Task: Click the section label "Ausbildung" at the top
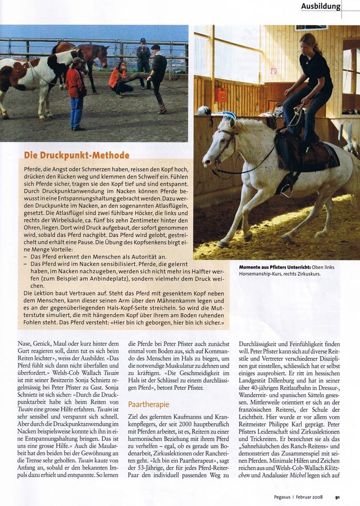321,7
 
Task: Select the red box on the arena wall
221,95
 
